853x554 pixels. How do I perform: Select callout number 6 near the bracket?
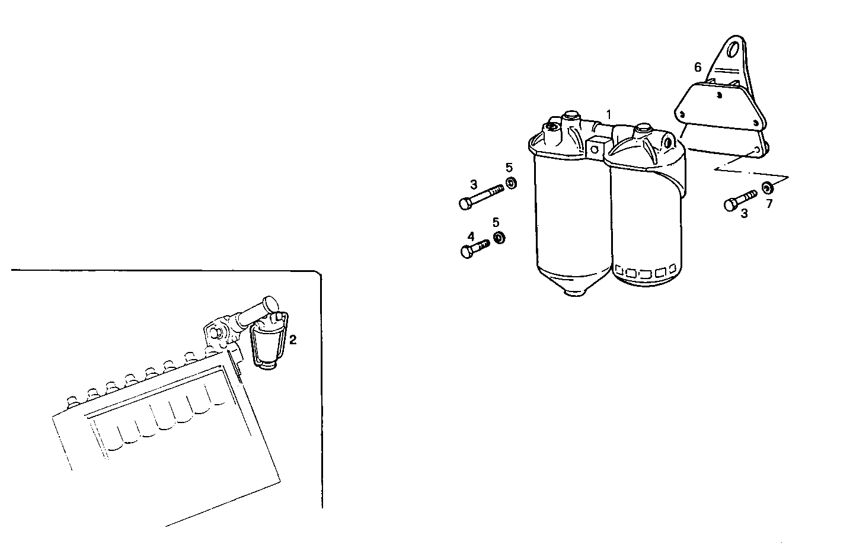pos(698,68)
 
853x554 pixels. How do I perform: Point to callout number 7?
pos(769,204)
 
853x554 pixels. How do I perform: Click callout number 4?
pos(471,236)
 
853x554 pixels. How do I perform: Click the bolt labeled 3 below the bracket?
pos(740,200)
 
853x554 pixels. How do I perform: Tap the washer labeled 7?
pos(767,188)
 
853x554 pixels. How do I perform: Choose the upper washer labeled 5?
pos(510,182)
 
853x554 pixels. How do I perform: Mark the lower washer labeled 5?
pos(499,238)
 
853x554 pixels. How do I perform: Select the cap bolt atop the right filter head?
pos(643,128)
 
